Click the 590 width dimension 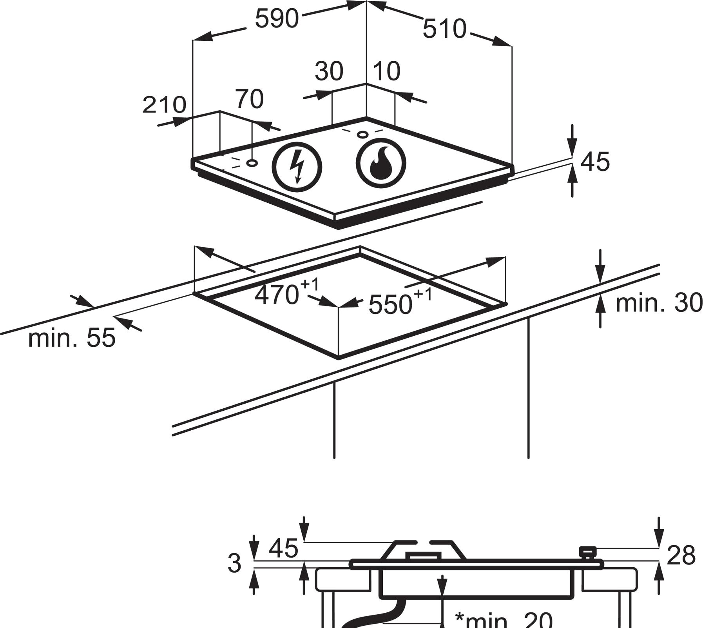[277, 19]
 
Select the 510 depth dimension [445, 29]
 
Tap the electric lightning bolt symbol [297, 167]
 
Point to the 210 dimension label [164, 105]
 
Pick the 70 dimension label [249, 99]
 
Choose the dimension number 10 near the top [386, 71]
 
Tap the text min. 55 [72, 338]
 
